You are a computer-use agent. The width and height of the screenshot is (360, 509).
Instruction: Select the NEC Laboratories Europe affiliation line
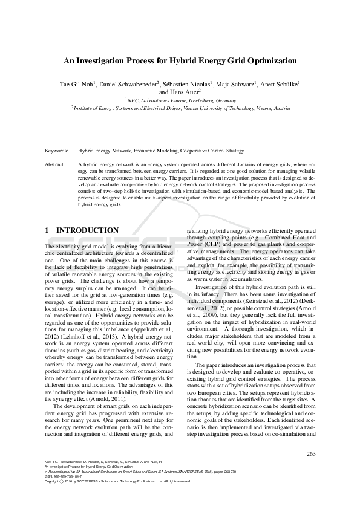coord(180,100)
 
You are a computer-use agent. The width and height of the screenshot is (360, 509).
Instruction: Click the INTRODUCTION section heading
coord(87,230)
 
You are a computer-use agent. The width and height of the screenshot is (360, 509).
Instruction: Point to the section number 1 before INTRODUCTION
coord(48,230)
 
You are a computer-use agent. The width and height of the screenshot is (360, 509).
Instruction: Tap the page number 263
coord(312,454)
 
